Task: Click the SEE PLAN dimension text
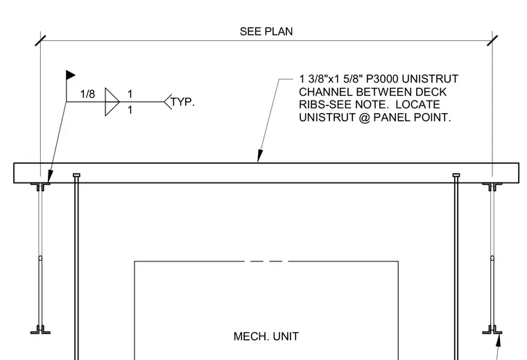click(x=266, y=32)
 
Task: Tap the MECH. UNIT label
click(x=266, y=336)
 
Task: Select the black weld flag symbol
click(x=71, y=75)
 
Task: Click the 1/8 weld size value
click(x=87, y=94)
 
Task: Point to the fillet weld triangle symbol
click(x=112, y=102)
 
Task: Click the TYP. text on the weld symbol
click(x=182, y=102)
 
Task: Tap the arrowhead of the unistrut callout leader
click(x=260, y=156)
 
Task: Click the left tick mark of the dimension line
click(x=40, y=41)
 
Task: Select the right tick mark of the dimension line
click(x=492, y=41)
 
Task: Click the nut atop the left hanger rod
click(x=76, y=175)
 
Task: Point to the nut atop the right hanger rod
click(x=456, y=175)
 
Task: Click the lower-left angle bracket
click(x=40, y=330)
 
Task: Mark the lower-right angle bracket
click(x=492, y=330)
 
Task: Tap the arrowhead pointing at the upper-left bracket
click(x=50, y=177)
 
